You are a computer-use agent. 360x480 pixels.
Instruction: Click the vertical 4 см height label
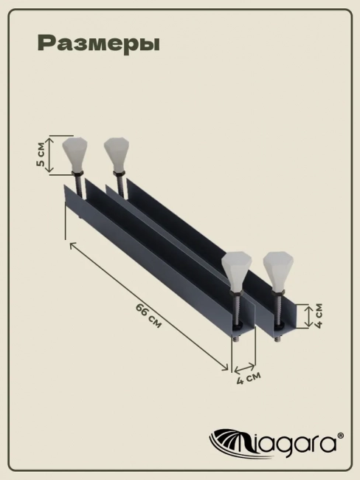click(319, 315)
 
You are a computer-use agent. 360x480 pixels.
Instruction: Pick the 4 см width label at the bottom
click(249, 378)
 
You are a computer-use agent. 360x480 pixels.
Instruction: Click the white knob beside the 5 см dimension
click(75, 154)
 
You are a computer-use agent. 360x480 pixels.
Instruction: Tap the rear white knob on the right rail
click(116, 154)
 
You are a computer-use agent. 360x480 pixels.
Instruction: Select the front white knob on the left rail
click(236, 271)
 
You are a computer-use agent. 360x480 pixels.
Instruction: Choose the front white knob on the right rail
click(278, 271)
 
